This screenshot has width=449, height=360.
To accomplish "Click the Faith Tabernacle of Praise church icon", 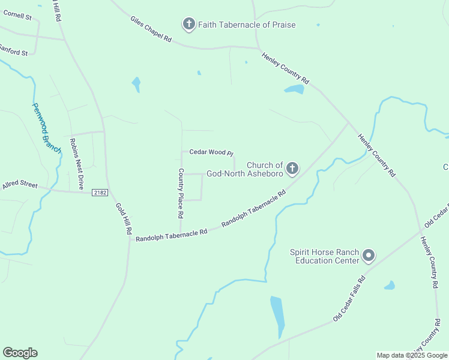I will click(189, 25).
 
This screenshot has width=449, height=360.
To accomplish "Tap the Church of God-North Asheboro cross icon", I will click(292, 169).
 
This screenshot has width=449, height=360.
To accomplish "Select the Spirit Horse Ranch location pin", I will click(369, 256).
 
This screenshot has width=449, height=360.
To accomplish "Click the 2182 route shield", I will click(100, 192).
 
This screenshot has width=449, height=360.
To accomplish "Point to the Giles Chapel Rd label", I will click(151, 29).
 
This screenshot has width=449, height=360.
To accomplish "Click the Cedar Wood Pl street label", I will click(211, 152).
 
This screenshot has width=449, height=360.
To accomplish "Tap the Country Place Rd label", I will click(181, 193).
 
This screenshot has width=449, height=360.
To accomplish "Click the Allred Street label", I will click(20, 184).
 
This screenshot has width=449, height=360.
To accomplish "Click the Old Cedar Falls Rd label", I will click(349, 298).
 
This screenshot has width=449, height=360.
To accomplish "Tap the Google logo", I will click(20, 352).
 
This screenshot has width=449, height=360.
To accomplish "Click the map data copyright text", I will click(412, 355).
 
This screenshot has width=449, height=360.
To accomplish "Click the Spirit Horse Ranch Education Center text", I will click(325, 256).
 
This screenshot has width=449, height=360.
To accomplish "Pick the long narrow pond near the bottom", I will click(277, 316).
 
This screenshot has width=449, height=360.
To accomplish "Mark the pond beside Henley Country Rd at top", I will click(294, 90).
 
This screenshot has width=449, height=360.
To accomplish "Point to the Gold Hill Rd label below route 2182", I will click(124, 218).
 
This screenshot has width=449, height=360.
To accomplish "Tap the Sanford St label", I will click(13, 50).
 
